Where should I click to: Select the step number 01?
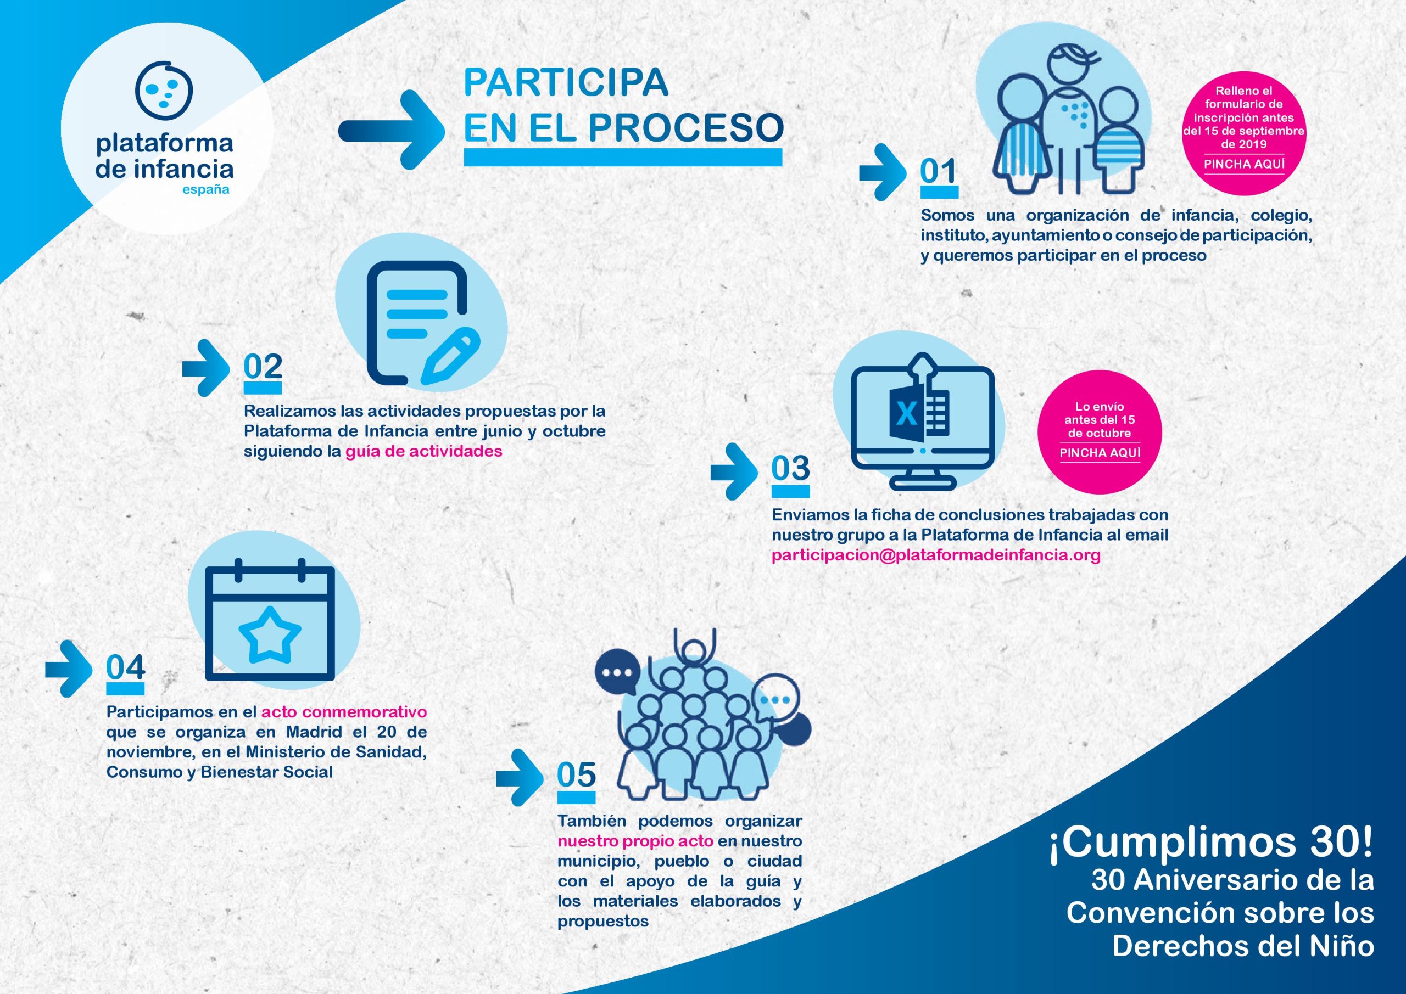click(x=938, y=171)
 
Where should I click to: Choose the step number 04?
click(x=126, y=668)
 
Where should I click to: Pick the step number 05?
click(x=576, y=775)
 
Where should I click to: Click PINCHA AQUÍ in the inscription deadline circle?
click(x=1245, y=164)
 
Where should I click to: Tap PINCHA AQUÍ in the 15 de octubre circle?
click(x=1100, y=453)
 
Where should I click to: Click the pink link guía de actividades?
click(x=424, y=451)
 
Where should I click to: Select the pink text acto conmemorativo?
click(x=344, y=712)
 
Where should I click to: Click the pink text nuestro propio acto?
click(x=635, y=840)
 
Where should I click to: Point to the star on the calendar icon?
click(x=270, y=634)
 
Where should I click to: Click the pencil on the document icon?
click(x=450, y=356)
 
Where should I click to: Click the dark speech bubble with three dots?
click(x=617, y=671)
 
